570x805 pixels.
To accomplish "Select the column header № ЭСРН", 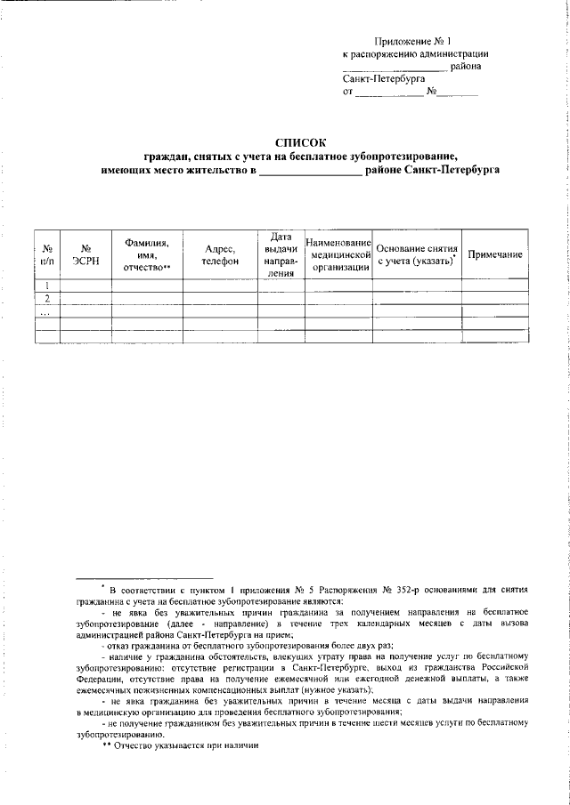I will tap(85, 254).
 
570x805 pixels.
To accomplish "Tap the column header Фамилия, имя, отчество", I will tap(147, 254).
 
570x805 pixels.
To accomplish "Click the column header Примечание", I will tap(493, 255).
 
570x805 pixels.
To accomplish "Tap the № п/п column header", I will tap(47, 254).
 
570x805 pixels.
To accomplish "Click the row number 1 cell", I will tap(47, 286).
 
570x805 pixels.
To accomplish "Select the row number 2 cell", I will tap(47, 298).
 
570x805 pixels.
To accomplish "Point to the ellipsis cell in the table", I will tap(47, 311).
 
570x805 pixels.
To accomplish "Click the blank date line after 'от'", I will tap(389, 92).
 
